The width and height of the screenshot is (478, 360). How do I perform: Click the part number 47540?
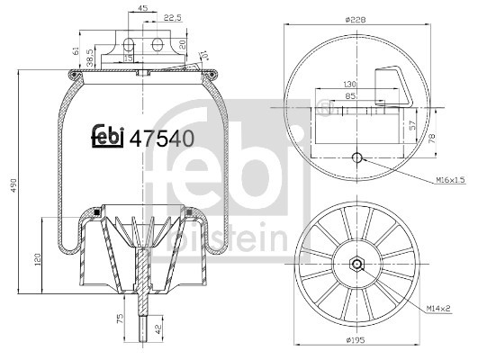pos(165,139)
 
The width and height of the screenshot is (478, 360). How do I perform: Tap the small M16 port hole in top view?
pos(357,159)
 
